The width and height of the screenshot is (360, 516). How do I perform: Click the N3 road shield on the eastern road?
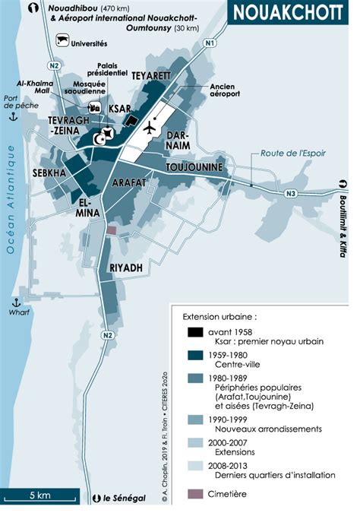click(x=290, y=195)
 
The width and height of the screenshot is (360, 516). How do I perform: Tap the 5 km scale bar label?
click(x=40, y=495)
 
